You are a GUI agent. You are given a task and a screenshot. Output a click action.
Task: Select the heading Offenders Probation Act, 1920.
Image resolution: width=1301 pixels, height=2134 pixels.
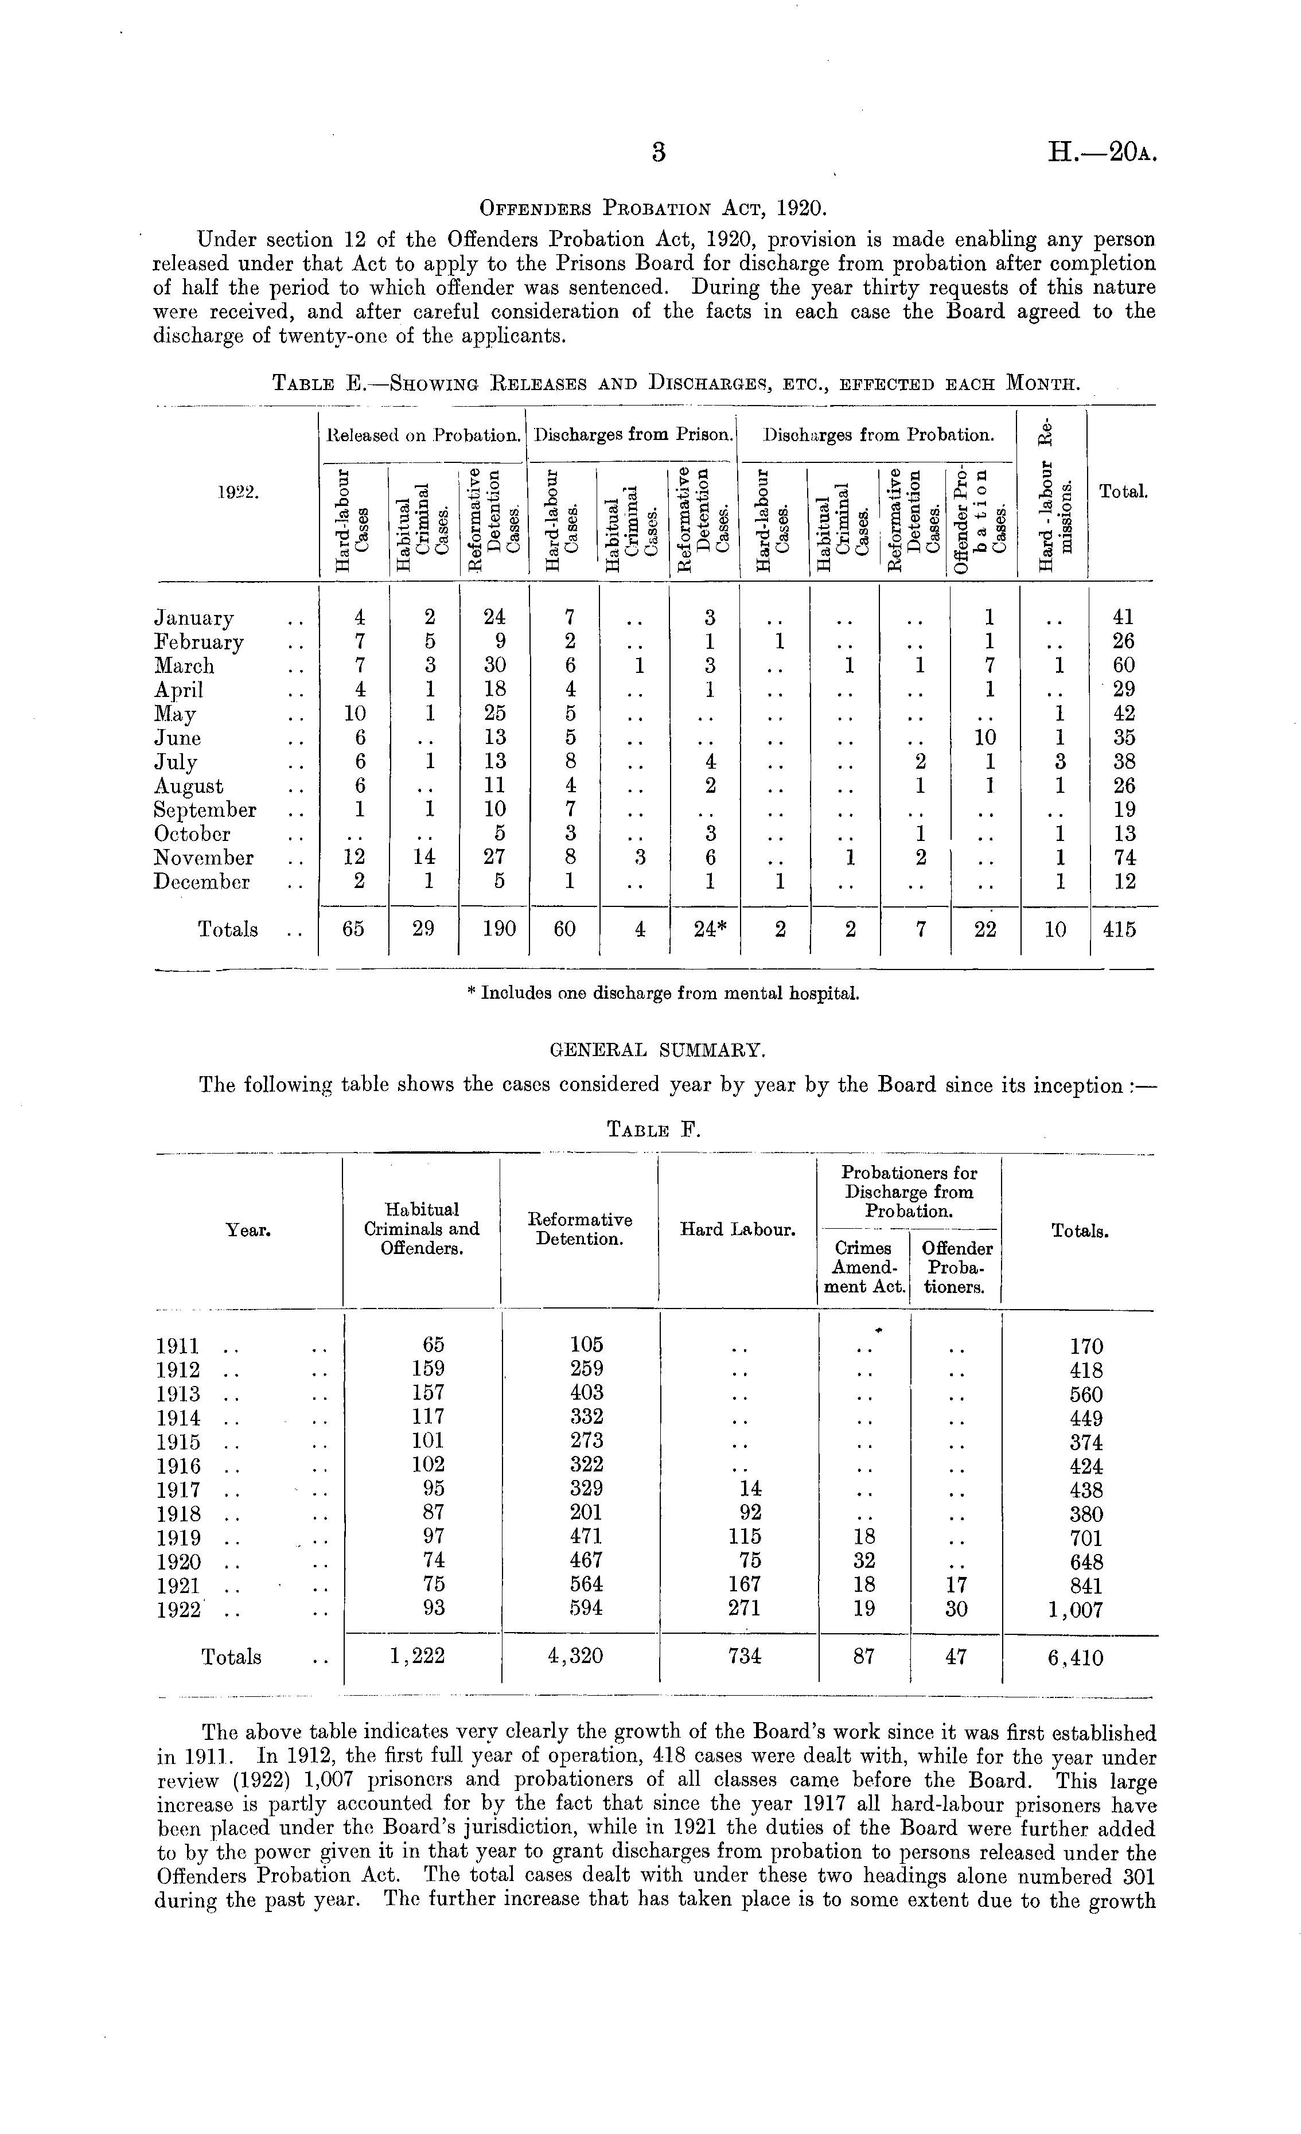coord(654,209)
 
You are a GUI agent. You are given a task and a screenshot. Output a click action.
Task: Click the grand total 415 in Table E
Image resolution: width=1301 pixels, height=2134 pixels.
coord(1120,929)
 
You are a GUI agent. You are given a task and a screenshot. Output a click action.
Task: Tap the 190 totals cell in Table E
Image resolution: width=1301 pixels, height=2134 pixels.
coord(494,929)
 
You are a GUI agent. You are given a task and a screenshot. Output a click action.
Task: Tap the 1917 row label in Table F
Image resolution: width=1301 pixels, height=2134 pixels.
coord(178,1490)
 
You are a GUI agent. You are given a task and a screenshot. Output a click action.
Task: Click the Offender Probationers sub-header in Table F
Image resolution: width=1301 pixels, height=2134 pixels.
coord(956,1267)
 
